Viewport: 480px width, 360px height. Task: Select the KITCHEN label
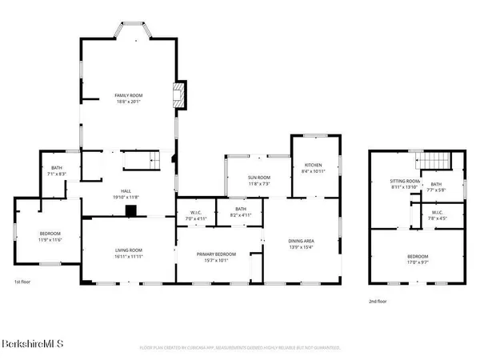[314, 166]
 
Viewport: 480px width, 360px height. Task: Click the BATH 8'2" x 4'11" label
[240, 212]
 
